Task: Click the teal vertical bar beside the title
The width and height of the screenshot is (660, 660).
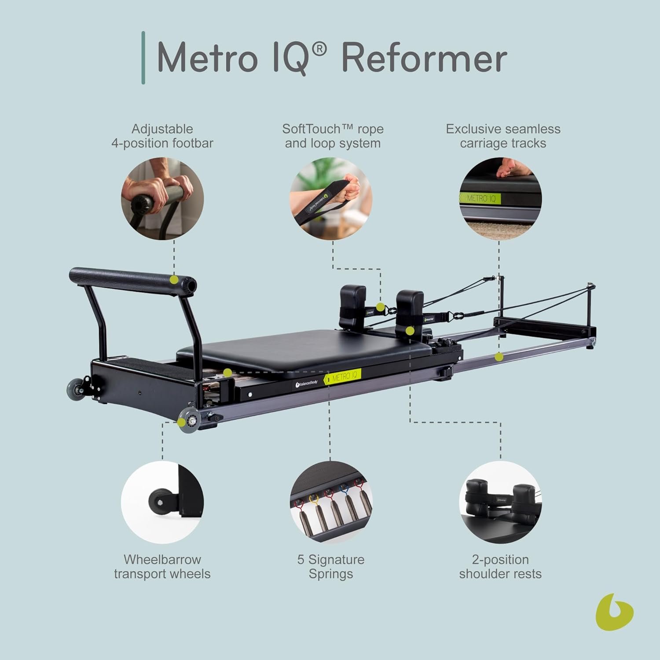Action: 143,58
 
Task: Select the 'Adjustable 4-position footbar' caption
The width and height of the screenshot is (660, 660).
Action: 162,136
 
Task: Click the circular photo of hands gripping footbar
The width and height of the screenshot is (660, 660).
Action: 162,199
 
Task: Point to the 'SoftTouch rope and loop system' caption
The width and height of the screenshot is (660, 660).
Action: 333,136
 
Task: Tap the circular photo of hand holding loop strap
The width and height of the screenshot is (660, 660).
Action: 331,199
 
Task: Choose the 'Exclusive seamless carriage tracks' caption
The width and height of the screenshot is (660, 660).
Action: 503,136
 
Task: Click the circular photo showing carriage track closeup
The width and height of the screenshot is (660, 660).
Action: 500,199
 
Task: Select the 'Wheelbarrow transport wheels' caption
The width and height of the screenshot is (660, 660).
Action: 162,566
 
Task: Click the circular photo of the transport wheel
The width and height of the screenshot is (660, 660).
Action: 162,502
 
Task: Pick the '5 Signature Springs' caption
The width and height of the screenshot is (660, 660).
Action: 331,566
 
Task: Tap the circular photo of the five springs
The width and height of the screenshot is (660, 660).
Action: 331,502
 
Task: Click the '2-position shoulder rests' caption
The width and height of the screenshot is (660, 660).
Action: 500,566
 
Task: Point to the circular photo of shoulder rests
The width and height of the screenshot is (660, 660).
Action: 500,502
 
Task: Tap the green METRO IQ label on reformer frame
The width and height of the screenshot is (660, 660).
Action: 343,377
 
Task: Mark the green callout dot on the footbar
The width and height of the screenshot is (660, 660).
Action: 174,279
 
